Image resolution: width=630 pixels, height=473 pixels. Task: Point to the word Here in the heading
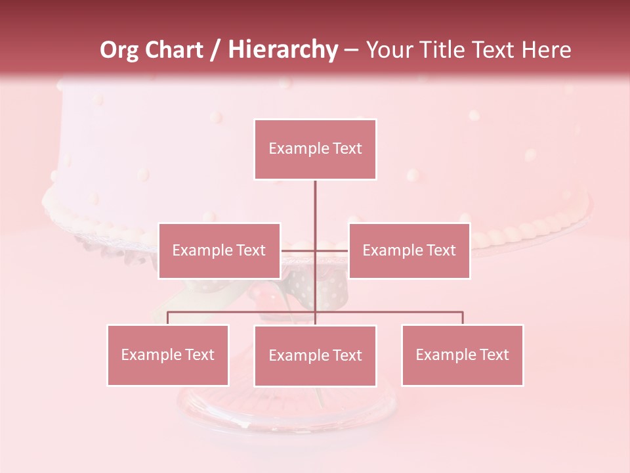546,50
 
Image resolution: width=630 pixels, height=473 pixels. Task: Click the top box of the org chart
315,149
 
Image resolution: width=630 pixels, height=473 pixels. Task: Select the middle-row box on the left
219,250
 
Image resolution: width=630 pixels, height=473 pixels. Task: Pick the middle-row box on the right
409,250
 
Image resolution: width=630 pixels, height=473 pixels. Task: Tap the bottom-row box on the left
167,355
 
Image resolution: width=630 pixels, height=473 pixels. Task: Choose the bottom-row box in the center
315,355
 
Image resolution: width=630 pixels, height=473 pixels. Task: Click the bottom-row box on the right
462,355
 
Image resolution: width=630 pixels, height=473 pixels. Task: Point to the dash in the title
351,50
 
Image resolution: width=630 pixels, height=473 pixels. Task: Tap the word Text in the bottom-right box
494,355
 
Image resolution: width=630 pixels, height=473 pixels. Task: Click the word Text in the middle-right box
441,250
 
